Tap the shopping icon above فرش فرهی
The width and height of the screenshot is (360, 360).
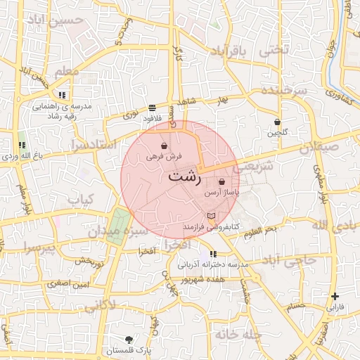tap(164, 146)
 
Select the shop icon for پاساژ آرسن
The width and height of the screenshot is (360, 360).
tap(222, 181)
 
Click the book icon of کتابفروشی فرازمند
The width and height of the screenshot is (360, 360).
tap(212, 216)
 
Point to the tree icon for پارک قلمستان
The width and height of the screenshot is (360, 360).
tap(127, 340)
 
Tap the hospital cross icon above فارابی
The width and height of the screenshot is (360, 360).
tap(335, 296)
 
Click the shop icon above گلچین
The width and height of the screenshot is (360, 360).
tap(278, 122)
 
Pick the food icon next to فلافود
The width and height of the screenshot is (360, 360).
tap(153, 108)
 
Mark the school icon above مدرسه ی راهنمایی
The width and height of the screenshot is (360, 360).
tap(63, 95)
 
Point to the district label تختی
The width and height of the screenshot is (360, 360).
tap(274, 51)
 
